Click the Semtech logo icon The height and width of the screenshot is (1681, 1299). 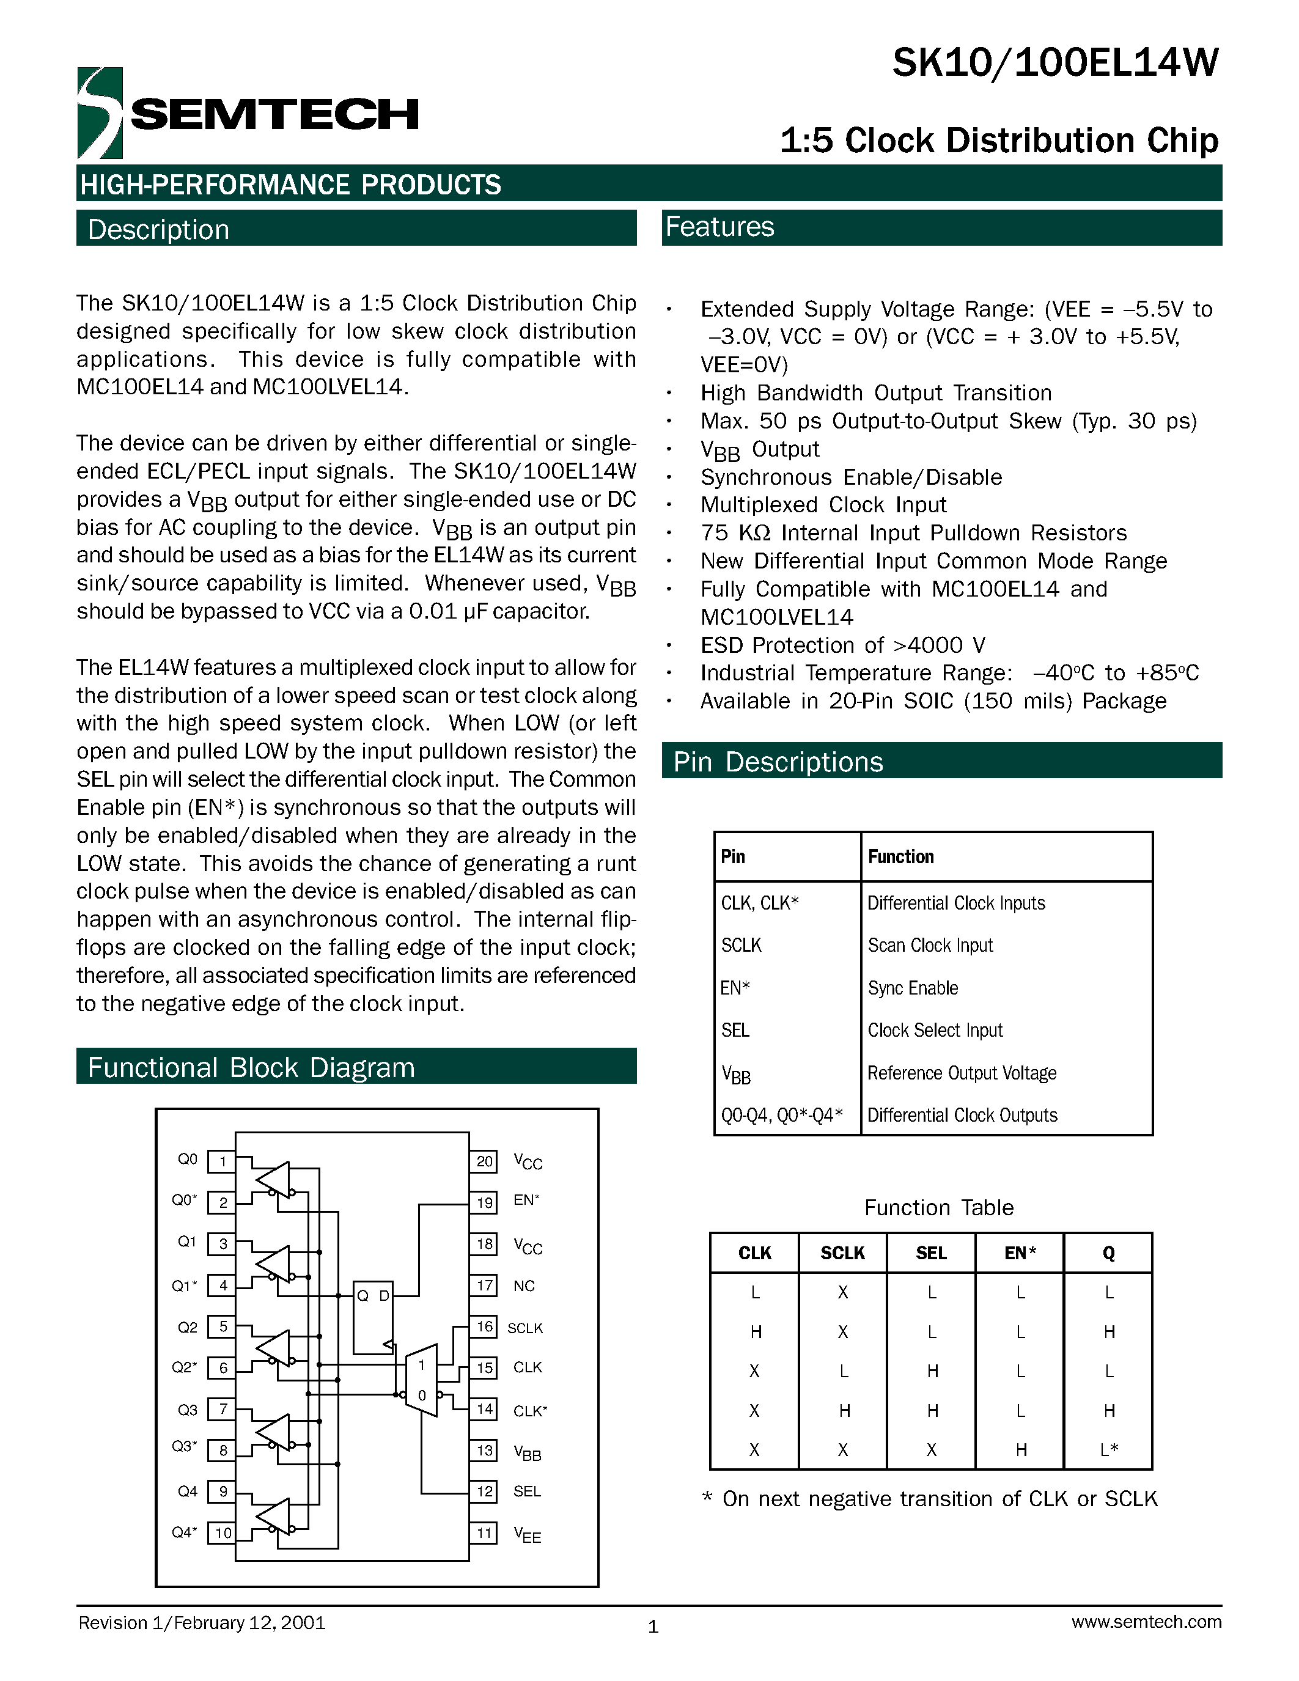tap(100, 113)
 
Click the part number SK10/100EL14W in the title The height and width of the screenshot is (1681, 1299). tap(1055, 62)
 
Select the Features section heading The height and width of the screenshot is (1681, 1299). tap(719, 227)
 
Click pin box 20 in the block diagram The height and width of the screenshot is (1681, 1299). tap(484, 1161)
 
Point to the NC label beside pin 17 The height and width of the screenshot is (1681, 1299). tap(523, 1286)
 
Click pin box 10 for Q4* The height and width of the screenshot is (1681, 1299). tap(223, 1532)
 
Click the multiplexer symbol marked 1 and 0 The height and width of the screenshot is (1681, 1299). tap(422, 1380)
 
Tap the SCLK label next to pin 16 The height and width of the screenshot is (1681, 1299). tap(525, 1328)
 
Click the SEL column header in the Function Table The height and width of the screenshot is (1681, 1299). tap(931, 1253)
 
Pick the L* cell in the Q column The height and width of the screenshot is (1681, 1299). tap(1108, 1450)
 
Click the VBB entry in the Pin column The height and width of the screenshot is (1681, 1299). tap(735, 1075)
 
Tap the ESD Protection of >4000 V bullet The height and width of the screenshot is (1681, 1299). tap(842, 645)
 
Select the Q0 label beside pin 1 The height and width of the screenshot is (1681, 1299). tap(188, 1159)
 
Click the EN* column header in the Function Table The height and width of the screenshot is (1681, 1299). tap(1020, 1253)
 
